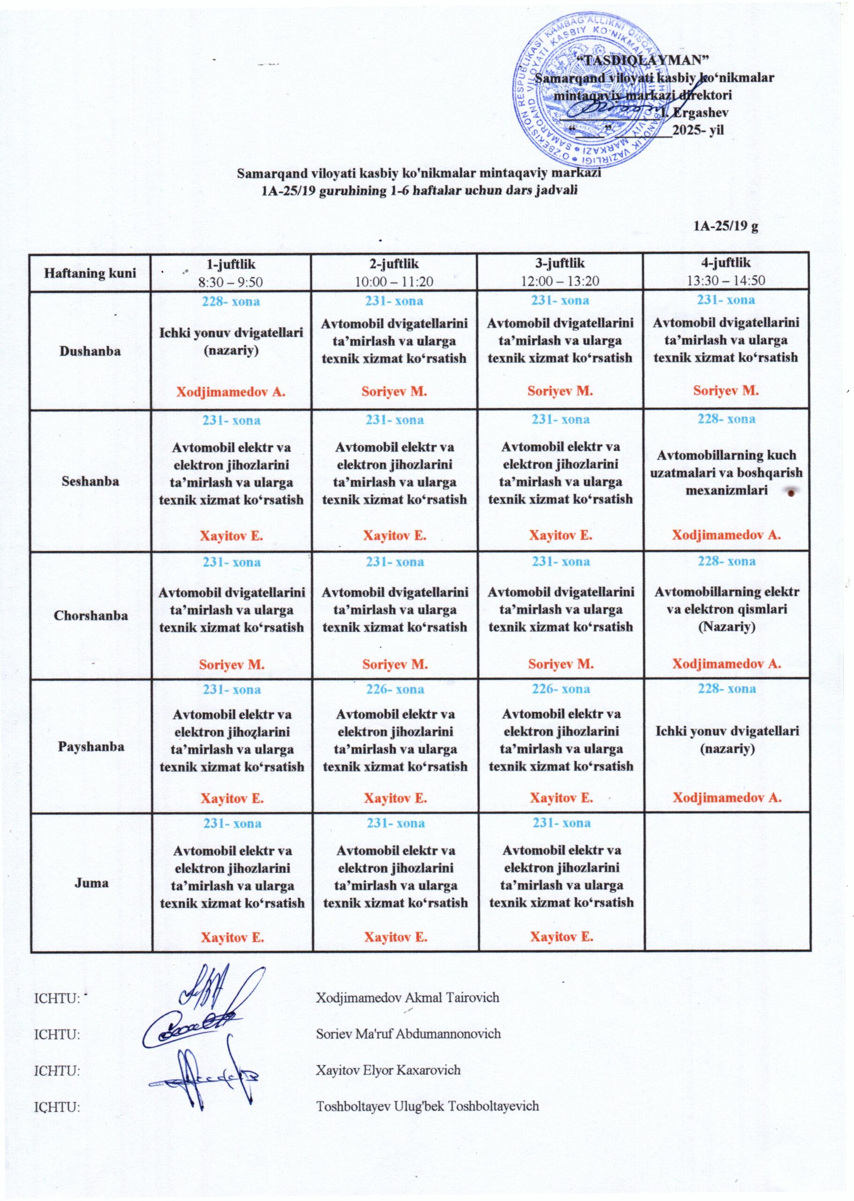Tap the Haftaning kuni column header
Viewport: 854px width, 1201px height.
[x=90, y=273]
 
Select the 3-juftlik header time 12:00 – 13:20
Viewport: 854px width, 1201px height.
[x=560, y=281]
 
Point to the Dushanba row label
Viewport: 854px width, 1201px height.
[x=90, y=351]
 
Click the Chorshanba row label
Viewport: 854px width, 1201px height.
[x=91, y=615]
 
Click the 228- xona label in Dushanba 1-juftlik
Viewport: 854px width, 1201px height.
[x=231, y=302]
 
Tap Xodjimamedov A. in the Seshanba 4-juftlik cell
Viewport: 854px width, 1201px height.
[x=726, y=535]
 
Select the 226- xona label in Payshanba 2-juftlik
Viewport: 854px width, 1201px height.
[x=395, y=689]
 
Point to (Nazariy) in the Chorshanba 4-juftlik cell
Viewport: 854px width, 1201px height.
[x=727, y=627]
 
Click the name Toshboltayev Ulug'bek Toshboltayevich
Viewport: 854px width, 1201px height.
[x=427, y=1106]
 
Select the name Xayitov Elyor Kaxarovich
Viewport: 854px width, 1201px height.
[x=388, y=1070]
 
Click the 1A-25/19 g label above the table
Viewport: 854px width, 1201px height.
[x=726, y=226]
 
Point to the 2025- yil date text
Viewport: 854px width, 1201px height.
[x=698, y=130]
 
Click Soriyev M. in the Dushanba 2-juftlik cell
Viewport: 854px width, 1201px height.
[x=394, y=391]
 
